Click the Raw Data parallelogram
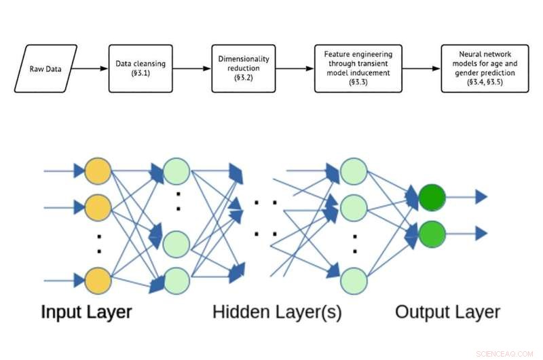(x=45, y=69)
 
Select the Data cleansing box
(x=140, y=69)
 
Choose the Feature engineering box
(x=358, y=69)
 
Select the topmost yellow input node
(x=98, y=170)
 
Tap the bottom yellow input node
(x=98, y=279)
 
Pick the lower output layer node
(x=431, y=234)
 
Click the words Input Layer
(x=86, y=312)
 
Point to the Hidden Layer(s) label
(x=277, y=312)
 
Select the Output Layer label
(x=447, y=312)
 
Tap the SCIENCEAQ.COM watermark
(x=506, y=352)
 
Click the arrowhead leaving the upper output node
(x=481, y=197)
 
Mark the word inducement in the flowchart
(x=375, y=73)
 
